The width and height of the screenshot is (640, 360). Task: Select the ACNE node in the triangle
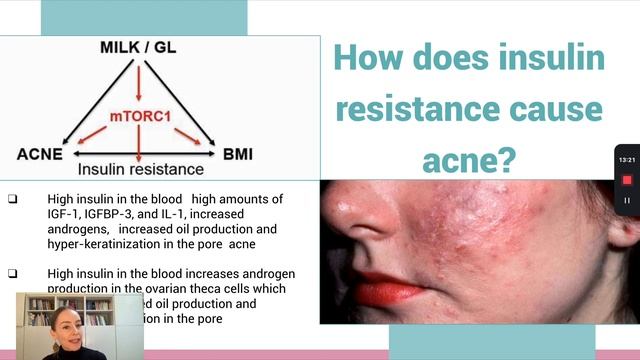tap(40, 154)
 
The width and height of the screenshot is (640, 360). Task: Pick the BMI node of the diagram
tap(237, 154)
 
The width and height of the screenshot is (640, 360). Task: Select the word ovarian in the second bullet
tap(150, 288)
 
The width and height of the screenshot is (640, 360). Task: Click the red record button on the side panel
tap(627, 180)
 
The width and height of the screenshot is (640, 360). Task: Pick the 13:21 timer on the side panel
tap(627, 159)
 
